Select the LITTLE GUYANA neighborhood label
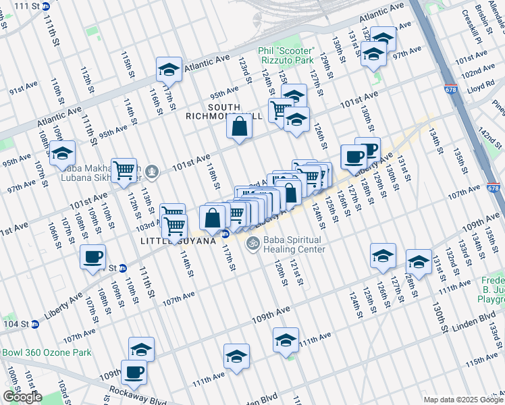click(x=177, y=240)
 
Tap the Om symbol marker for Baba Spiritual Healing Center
click(x=253, y=243)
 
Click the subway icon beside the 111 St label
click(x=45, y=6)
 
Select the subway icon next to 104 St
click(x=35, y=324)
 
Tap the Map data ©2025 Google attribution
click(x=462, y=400)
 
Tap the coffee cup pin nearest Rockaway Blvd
click(x=133, y=371)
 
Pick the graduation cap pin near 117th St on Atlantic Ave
click(x=169, y=68)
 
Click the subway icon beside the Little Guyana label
click(x=225, y=234)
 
